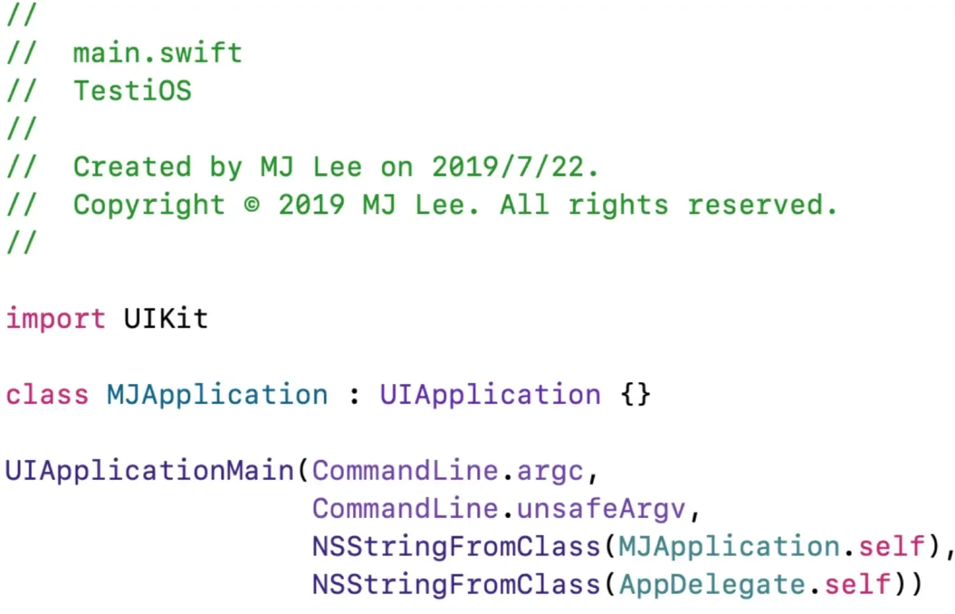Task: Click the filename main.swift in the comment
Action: click(157, 53)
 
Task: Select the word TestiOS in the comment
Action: click(132, 90)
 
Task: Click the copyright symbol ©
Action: click(251, 204)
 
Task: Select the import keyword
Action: click(55, 318)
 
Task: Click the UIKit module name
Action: click(166, 318)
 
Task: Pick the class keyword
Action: click(47, 395)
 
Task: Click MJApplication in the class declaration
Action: click(217, 395)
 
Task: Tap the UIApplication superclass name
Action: click(490, 395)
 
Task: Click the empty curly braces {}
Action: click(635, 395)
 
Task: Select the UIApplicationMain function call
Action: click(149, 471)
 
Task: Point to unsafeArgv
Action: click(601, 510)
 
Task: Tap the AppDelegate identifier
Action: click(712, 585)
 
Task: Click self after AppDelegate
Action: click(858, 585)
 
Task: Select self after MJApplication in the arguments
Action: click(891, 547)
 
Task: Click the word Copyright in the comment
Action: click(149, 205)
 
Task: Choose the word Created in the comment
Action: click(132, 167)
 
